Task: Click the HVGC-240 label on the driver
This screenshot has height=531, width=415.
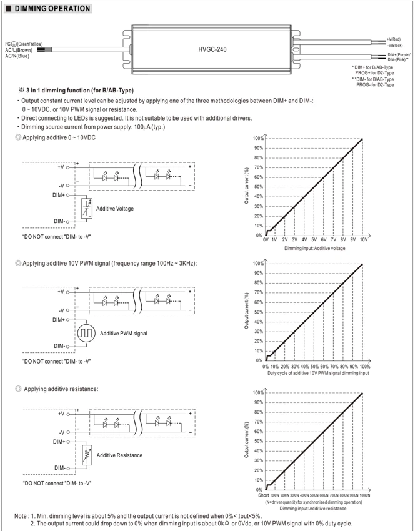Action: click(x=212, y=49)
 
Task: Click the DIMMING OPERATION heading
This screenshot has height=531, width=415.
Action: click(x=52, y=9)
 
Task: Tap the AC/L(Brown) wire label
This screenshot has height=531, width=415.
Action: click(x=19, y=50)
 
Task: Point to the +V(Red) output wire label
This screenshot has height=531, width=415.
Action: click(x=394, y=39)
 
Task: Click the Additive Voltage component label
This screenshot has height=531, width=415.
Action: click(x=115, y=209)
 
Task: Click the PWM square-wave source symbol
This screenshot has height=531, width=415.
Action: click(x=86, y=333)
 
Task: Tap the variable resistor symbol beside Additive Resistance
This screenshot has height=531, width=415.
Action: click(x=87, y=455)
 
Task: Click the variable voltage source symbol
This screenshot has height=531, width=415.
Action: click(x=87, y=208)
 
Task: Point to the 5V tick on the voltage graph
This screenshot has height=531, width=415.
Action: click(x=314, y=239)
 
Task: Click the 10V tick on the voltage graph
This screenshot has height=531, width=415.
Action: click(x=364, y=239)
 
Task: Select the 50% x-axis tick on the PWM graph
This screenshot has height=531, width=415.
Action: click(x=315, y=367)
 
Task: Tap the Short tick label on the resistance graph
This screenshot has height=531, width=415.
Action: click(x=264, y=495)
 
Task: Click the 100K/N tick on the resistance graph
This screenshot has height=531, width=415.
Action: click(x=365, y=495)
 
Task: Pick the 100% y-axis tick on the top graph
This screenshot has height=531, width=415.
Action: click(x=257, y=138)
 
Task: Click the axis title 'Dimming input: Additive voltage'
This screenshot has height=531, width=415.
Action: click(x=315, y=248)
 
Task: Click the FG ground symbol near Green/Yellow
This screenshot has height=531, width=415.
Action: click(x=14, y=44)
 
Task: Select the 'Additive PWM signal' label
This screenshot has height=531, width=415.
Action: click(x=124, y=333)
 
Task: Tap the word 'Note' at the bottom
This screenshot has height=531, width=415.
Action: click(x=21, y=516)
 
